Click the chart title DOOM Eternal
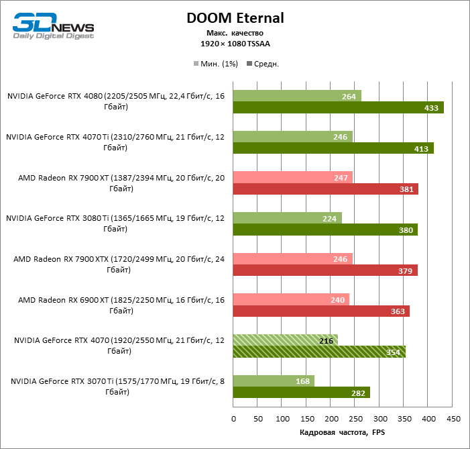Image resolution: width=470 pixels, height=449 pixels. [x=235, y=18]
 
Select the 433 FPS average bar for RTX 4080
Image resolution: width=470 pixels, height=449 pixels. [x=338, y=107]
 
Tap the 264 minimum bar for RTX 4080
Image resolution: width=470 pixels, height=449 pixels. [x=297, y=96]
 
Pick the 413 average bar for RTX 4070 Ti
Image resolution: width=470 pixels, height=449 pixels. [x=333, y=148]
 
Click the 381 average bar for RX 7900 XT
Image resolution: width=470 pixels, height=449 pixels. [x=325, y=189]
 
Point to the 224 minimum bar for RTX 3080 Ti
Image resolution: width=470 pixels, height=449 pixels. [x=287, y=218]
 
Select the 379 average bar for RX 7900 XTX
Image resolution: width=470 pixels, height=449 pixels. [x=325, y=270]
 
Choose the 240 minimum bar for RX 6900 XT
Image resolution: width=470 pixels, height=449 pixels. [x=291, y=299]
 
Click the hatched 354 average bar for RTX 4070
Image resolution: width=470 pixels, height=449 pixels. [x=319, y=351]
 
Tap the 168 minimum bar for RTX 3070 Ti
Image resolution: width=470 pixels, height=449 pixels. [x=274, y=381]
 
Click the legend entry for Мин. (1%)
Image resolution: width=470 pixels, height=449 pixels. [x=217, y=64]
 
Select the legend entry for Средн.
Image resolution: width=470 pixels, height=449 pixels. [x=264, y=64]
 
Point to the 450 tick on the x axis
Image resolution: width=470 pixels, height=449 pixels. [x=453, y=419]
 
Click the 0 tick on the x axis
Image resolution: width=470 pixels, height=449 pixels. [x=233, y=419]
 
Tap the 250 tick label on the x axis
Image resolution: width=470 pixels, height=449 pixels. [x=355, y=419]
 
